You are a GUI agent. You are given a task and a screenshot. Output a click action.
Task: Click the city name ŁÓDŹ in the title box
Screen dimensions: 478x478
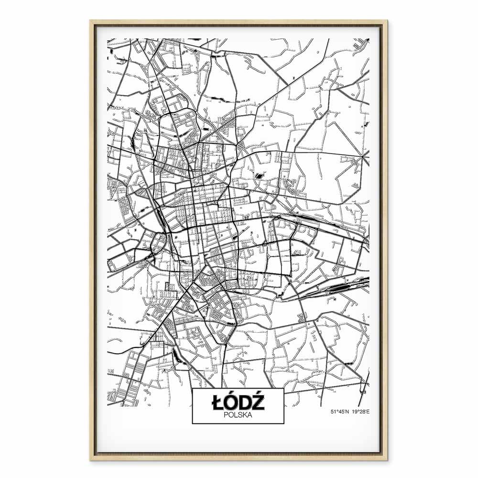(x=238, y=403)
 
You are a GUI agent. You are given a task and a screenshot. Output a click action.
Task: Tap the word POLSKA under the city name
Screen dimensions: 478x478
(x=238, y=415)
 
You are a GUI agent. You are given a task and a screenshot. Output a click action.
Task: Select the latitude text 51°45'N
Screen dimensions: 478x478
(x=340, y=411)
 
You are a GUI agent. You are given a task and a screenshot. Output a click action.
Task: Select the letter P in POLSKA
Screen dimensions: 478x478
(x=225, y=415)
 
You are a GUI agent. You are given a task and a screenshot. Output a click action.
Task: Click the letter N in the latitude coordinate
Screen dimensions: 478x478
(x=348, y=411)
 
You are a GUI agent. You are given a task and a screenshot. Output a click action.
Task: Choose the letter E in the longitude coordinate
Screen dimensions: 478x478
(x=368, y=411)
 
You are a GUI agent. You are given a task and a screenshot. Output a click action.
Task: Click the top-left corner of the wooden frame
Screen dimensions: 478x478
(x=90, y=21)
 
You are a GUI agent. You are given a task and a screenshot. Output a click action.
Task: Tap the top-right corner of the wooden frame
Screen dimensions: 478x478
(x=387, y=21)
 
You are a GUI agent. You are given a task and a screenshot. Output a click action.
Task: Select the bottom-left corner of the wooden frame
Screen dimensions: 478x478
(x=90, y=460)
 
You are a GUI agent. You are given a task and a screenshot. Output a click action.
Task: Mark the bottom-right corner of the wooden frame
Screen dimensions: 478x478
(x=387, y=460)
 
